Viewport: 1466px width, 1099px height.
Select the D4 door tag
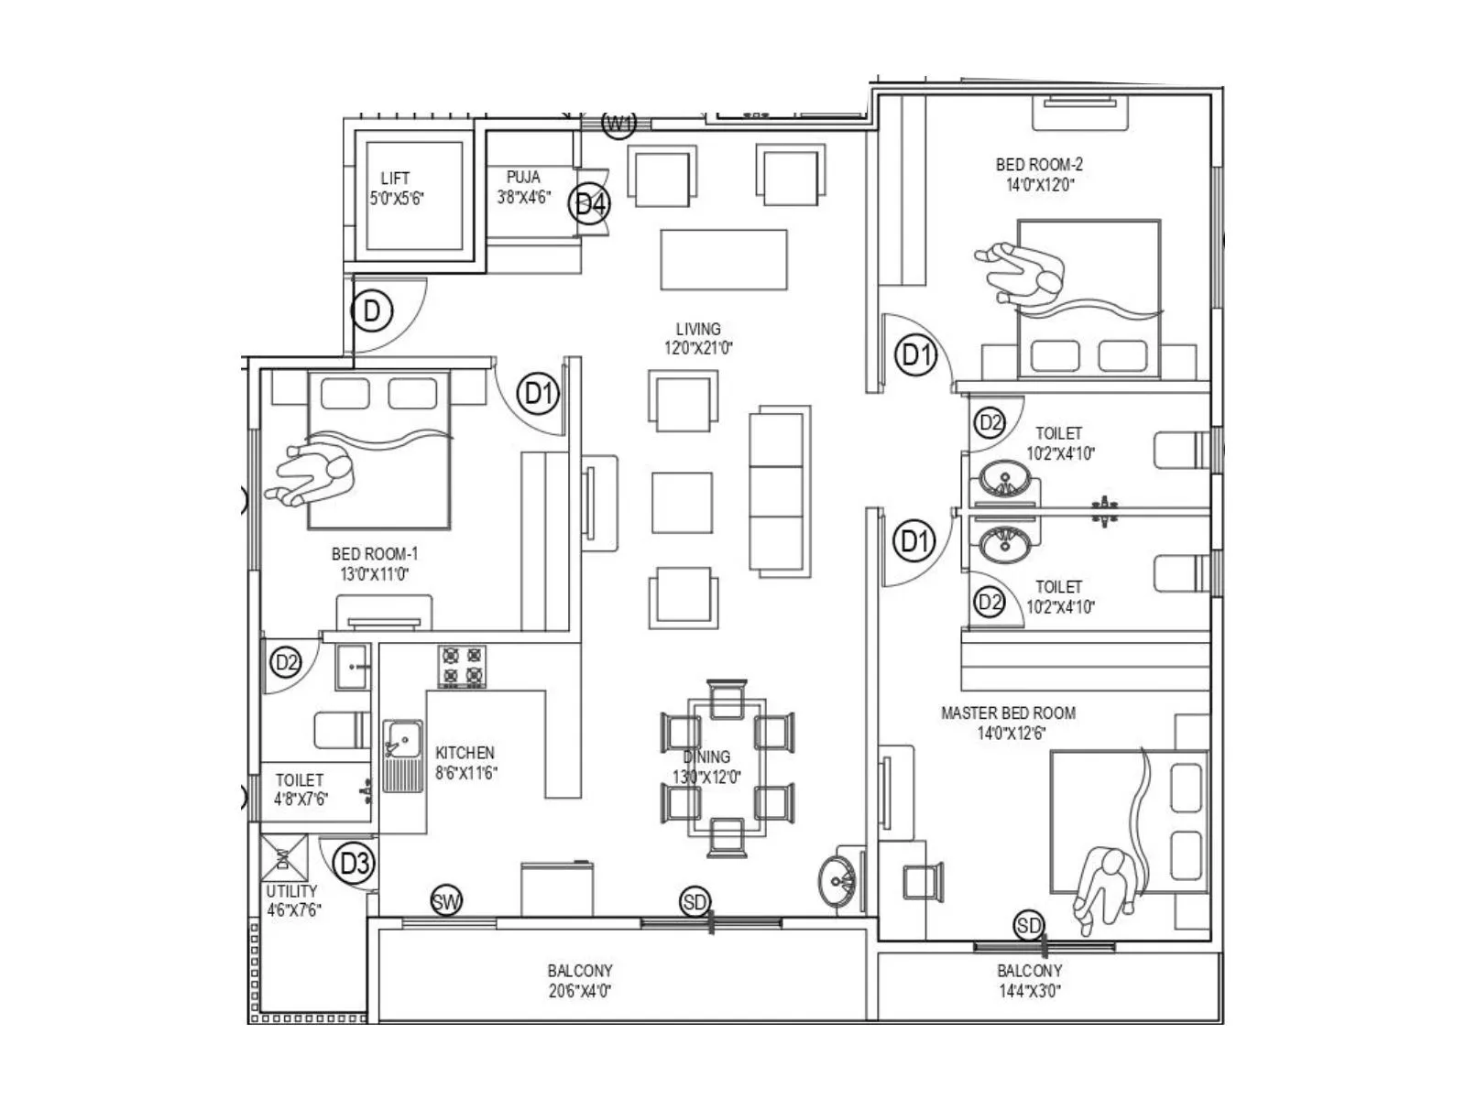click(591, 204)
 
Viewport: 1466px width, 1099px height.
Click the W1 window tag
click(619, 123)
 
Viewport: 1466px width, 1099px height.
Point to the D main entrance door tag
click(372, 311)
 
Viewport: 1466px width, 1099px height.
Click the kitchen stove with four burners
click(462, 667)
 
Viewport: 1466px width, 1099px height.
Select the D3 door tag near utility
click(355, 864)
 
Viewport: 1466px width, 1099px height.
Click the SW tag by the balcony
click(446, 902)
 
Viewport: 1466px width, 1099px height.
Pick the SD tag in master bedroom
click(1029, 926)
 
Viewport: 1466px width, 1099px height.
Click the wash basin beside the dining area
click(838, 882)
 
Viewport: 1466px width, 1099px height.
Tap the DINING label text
click(706, 756)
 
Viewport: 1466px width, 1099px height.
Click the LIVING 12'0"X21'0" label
click(698, 338)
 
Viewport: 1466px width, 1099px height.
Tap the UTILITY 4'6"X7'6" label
click(293, 900)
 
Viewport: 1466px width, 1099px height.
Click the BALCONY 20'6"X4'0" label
click(580, 980)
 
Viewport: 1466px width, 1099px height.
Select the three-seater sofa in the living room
click(779, 489)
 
